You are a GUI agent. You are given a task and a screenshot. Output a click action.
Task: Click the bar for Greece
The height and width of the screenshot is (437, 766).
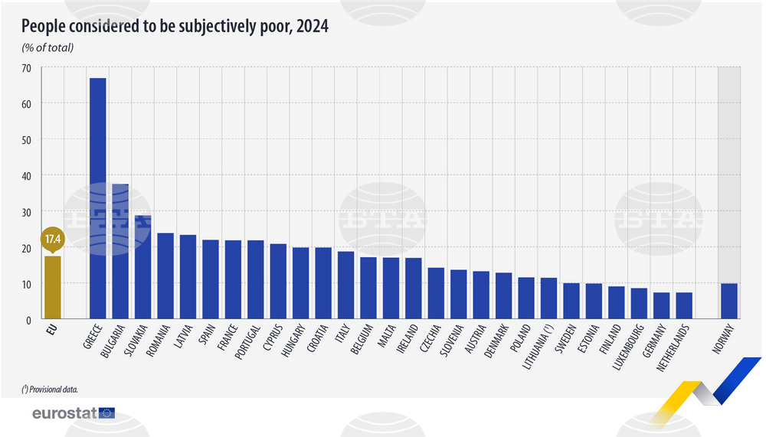(x=98, y=198)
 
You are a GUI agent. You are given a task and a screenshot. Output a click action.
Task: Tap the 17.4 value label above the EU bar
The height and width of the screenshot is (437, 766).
(x=52, y=240)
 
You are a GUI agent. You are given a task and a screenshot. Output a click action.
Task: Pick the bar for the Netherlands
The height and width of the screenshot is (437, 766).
(x=684, y=305)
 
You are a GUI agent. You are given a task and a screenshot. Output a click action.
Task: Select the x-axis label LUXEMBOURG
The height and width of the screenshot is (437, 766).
(x=628, y=348)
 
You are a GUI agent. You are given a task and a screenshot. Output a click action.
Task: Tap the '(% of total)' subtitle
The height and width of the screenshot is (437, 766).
(x=52, y=48)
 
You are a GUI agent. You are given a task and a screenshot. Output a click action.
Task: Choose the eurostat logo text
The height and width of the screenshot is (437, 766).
(x=64, y=413)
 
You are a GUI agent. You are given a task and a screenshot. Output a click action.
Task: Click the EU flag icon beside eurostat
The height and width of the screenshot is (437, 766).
(x=106, y=413)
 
